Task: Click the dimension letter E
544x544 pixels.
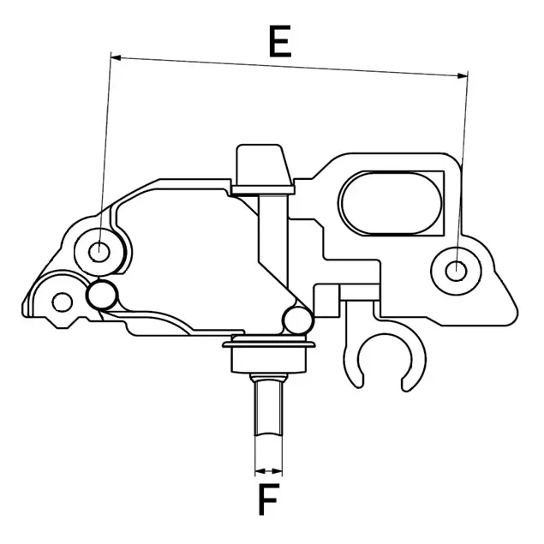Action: coord(279,41)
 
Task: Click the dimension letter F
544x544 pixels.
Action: coord(269,499)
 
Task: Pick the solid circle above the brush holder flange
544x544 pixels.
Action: coord(296,320)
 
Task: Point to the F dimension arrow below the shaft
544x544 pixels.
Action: coord(269,470)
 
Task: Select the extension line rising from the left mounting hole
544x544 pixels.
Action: coord(105,154)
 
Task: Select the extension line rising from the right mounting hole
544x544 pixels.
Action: coord(463,171)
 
